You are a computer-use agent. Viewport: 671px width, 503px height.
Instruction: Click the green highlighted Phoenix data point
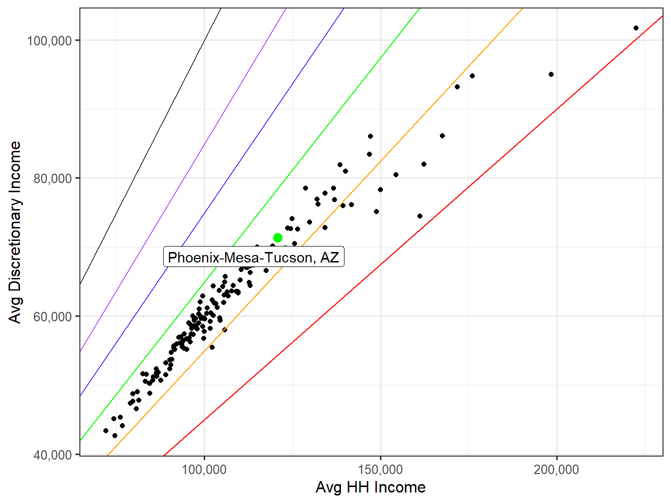(x=278, y=238)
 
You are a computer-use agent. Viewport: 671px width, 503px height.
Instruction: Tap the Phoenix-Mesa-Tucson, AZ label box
(x=254, y=257)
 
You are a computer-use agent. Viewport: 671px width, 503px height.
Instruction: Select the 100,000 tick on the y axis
(x=49, y=40)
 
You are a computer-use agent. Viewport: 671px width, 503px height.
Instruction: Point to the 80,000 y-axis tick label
(x=52, y=178)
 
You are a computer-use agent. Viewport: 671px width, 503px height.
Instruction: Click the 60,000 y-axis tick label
(x=52, y=316)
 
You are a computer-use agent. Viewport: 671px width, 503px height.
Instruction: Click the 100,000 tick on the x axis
(x=204, y=470)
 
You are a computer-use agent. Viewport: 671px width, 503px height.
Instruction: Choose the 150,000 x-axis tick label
(x=380, y=470)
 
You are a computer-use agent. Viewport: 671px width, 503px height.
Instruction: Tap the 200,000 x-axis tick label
(x=556, y=470)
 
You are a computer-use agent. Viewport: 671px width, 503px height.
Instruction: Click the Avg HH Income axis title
(x=370, y=488)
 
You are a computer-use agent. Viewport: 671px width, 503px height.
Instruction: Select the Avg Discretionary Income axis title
(x=15, y=232)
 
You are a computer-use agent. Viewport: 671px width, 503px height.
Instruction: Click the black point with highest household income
(x=636, y=28)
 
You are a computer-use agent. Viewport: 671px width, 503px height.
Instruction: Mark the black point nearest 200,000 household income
(x=551, y=74)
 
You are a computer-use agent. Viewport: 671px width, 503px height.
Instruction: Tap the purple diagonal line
(x=200, y=150)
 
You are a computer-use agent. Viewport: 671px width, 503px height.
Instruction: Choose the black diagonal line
(x=150, y=150)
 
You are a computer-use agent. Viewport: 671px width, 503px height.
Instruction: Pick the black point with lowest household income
(x=106, y=431)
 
